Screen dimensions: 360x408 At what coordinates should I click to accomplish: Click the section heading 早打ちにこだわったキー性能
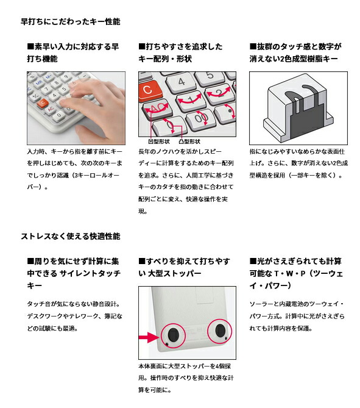click(71, 21)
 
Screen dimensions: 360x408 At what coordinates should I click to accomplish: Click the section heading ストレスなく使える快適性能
click(71, 236)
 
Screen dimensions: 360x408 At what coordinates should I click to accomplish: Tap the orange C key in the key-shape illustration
click(148, 90)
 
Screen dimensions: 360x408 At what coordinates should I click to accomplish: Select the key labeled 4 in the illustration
click(182, 82)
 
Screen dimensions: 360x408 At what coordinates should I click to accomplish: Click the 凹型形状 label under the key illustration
click(159, 141)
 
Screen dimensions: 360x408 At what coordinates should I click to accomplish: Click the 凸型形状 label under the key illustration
click(189, 141)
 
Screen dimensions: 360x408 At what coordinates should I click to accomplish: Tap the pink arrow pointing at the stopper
click(149, 337)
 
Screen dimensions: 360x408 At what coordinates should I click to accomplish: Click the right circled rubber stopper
click(220, 331)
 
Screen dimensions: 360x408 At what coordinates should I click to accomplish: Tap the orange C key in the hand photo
click(43, 103)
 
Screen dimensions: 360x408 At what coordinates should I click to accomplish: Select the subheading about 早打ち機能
click(72, 53)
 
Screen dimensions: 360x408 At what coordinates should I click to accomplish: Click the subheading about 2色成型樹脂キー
click(295, 53)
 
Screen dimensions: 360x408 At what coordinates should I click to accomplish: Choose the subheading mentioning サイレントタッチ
click(74, 273)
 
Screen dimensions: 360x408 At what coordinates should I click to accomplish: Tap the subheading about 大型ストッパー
click(184, 267)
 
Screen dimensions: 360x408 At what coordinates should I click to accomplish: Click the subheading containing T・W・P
click(296, 273)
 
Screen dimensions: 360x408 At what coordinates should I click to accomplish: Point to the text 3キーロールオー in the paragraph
click(96, 175)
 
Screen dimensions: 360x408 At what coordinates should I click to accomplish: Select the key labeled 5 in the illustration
click(210, 76)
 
